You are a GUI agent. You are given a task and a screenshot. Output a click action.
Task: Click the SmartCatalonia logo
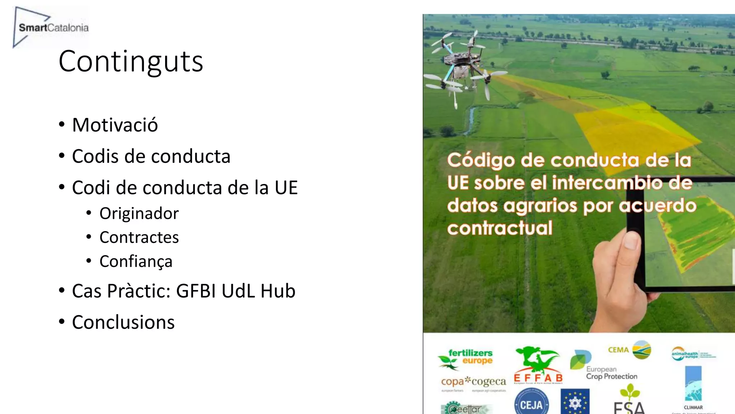pos(50,27)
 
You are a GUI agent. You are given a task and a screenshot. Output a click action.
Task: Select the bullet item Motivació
pos(115,125)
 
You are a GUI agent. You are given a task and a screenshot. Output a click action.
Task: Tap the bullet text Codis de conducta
pos(151,156)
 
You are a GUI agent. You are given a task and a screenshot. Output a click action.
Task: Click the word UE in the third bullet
pos(286,188)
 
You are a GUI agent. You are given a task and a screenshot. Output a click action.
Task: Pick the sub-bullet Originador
pos(139,213)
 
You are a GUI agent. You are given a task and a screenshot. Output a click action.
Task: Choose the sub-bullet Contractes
pos(139,238)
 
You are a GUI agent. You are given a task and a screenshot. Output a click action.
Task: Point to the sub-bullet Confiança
pos(136,262)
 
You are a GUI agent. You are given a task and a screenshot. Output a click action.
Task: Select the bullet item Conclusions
pos(123,322)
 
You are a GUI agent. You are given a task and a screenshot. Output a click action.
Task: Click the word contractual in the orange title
pos(500,228)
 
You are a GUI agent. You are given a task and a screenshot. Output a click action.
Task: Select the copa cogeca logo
pos(473,382)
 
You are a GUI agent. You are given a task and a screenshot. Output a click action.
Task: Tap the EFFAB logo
pos(538,365)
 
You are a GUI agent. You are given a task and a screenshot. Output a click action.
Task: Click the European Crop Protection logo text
pos(611,373)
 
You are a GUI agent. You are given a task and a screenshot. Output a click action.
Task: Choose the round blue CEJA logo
pos(531,404)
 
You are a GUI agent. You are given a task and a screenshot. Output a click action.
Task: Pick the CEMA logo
pos(629,350)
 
